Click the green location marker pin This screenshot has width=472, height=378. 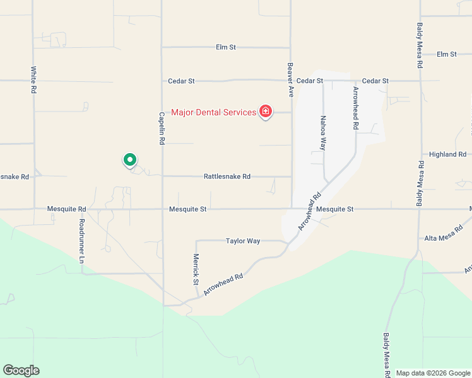click(x=129, y=161)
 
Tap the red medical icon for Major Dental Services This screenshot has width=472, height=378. click(x=266, y=112)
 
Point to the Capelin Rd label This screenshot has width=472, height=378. click(x=162, y=128)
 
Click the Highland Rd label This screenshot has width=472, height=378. click(x=447, y=154)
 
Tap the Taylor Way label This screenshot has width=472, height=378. click(x=243, y=241)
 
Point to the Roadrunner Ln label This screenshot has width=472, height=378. click(x=82, y=241)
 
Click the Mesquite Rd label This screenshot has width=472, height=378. click(x=66, y=209)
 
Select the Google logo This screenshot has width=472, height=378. click(x=21, y=370)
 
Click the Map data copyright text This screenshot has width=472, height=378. click(x=433, y=373)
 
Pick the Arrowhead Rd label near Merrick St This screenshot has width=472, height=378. click(x=223, y=285)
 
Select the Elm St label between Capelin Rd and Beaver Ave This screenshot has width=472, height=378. click(x=225, y=47)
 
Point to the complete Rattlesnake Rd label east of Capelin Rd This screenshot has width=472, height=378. click(x=227, y=176)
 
